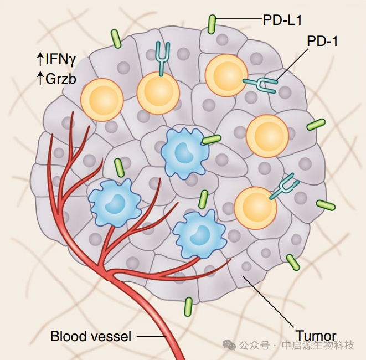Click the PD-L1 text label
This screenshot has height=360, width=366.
coord(282,20)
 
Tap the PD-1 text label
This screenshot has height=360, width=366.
coord(322,42)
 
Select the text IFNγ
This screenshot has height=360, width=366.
coord(60,58)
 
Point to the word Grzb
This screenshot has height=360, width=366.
coord(61,79)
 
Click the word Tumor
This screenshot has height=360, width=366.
coord(316,336)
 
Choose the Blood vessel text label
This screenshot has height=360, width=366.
coord(91,336)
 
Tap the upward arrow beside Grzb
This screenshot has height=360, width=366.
coord(40,79)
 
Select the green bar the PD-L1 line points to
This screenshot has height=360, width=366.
coord(212,24)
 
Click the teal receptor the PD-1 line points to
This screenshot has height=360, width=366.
coord(261,84)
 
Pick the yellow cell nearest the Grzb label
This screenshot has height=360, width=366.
coord(102,100)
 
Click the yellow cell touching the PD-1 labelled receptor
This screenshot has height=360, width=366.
coord(226,76)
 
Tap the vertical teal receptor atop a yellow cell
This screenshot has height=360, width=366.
coord(162,56)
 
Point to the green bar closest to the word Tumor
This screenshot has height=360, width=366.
coord(293,263)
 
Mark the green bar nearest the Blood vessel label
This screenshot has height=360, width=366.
coord(189,306)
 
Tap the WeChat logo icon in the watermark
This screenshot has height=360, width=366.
coord(229,344)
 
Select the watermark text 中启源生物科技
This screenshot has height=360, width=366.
coord(318,345)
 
